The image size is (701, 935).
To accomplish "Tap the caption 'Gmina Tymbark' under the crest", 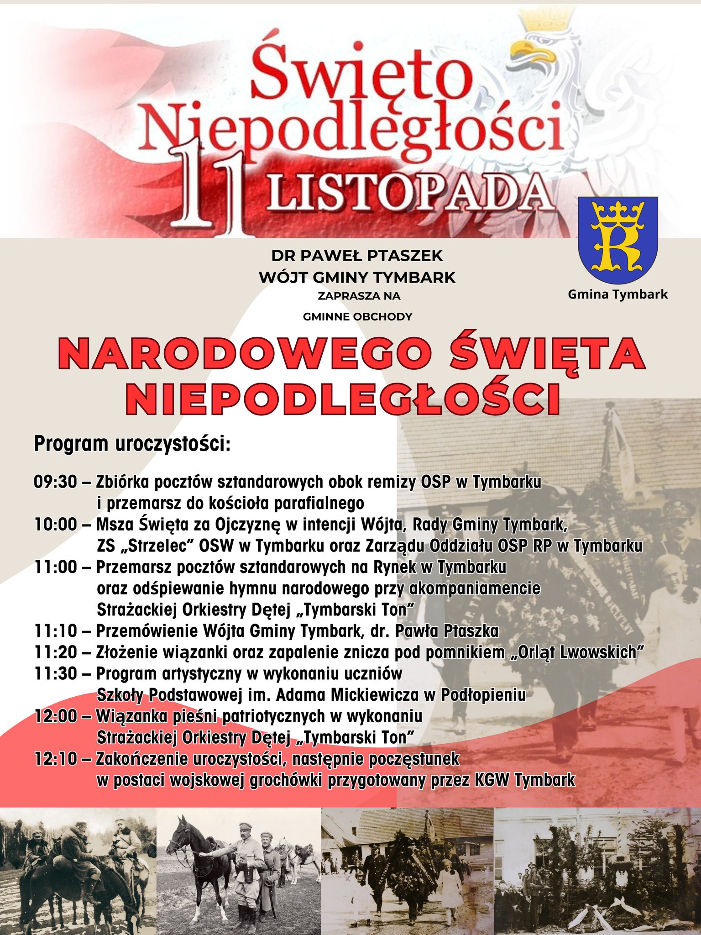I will (617, 295).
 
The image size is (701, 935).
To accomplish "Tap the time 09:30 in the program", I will (56, 482).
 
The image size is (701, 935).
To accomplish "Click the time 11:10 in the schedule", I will (56, 631).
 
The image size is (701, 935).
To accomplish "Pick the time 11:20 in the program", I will (56, 652).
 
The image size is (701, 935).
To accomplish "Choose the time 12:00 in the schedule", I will (56, 716).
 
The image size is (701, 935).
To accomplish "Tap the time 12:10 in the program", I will (56, 759).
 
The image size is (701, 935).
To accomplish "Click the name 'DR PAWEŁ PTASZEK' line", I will (357, 256).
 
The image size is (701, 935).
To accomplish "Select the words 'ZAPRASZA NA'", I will (359, 296).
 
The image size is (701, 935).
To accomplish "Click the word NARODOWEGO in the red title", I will (246, 354).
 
